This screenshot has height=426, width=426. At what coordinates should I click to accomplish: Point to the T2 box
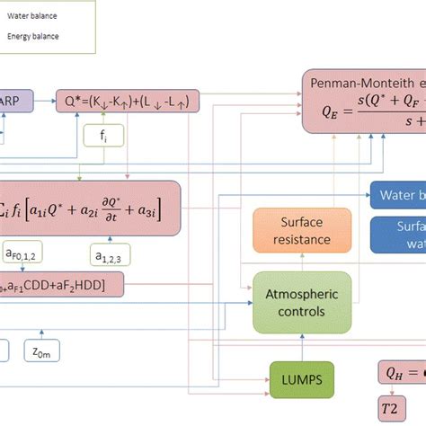388,408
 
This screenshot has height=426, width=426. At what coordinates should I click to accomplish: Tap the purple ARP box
16,101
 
